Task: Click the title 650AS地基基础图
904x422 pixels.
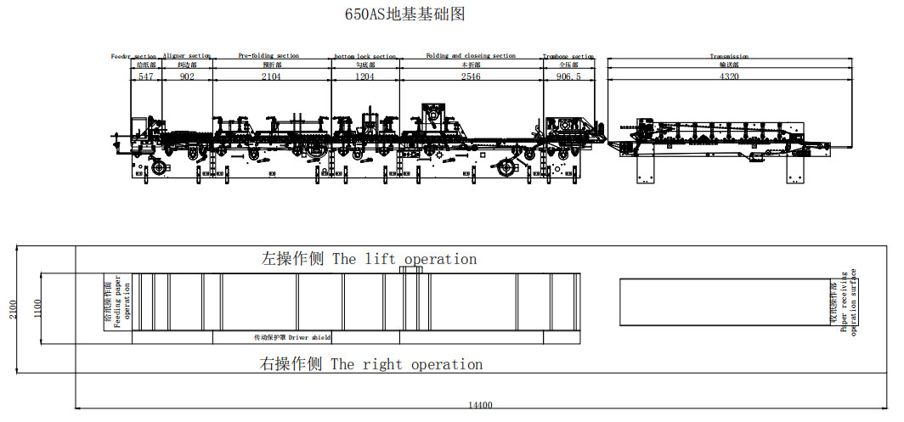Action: (404, 14)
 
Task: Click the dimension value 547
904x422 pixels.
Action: (146, 76)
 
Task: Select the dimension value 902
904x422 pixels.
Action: (187, 76)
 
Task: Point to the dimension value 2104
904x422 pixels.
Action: (271, 76)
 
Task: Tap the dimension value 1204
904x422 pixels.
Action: (364, 76)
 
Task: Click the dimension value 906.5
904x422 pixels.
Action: (568, 76)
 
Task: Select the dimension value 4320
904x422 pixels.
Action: (729, 76)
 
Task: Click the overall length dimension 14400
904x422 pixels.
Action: (480, 405)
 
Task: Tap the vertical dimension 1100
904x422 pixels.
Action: (37, 309)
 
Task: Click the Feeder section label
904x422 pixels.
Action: (133, 56)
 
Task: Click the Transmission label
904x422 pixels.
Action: (729, 57)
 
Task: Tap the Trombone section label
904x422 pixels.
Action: (568, 57)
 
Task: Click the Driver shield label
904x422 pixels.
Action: (309, 337)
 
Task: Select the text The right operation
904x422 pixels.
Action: (406, 364)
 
